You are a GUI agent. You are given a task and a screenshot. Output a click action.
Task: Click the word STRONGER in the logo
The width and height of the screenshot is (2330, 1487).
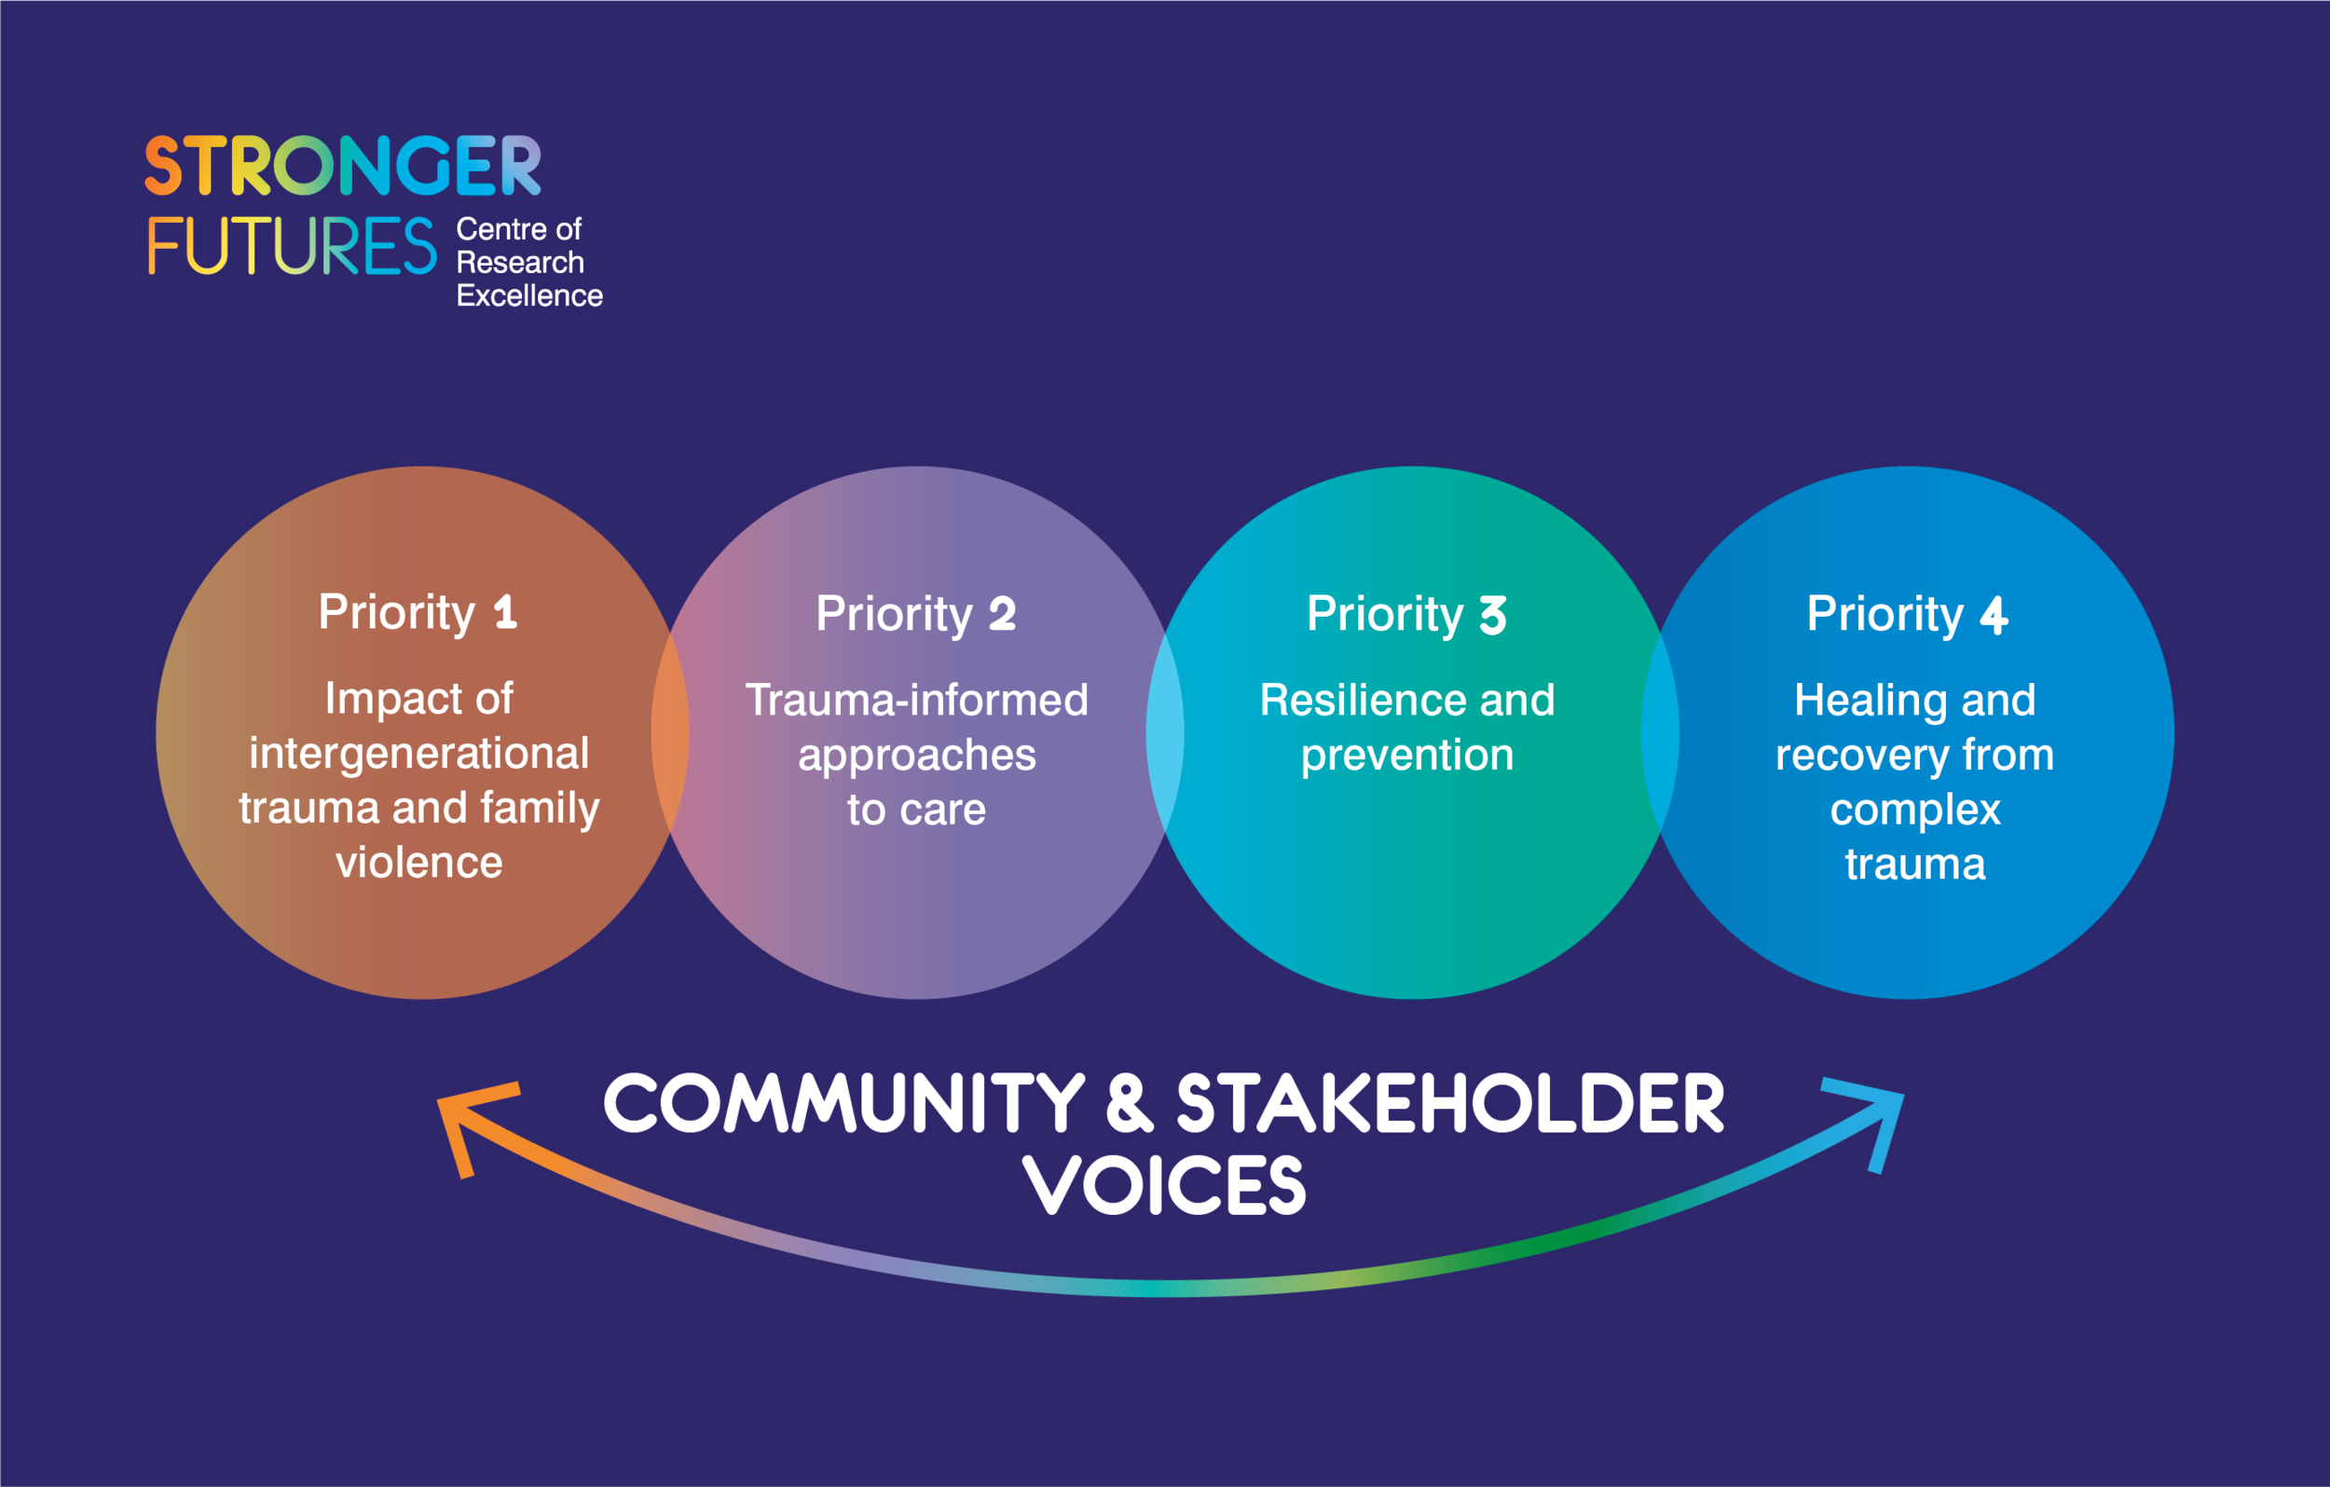tap(343, 166)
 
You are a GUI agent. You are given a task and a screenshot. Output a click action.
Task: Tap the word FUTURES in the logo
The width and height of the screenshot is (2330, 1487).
tap(293, 246)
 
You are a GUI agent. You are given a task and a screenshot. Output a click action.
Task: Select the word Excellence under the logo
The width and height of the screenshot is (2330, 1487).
tap(529, 296)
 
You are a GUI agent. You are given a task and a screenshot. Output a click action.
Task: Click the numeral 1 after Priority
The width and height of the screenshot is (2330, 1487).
tap(505, 612)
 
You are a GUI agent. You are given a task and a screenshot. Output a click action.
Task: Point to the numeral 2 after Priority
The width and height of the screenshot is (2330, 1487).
tap(1003, 614)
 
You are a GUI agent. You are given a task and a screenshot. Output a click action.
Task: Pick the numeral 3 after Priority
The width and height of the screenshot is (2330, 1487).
tap(1493, 615)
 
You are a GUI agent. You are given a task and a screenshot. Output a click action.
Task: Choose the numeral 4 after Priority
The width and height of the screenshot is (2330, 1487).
tap(1994, 615)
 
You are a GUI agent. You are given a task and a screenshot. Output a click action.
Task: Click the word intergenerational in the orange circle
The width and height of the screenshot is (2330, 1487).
tap(419, 753)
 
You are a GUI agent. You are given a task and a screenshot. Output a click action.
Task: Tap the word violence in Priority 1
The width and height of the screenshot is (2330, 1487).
tap(419, 862)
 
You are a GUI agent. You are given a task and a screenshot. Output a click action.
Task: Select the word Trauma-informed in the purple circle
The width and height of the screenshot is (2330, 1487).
tap(916, 700)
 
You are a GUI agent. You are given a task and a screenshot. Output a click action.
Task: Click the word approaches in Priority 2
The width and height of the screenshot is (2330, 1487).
tap(916, 755)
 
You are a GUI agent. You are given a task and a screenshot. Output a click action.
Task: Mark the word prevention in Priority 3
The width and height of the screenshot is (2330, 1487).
tap(1407, 755)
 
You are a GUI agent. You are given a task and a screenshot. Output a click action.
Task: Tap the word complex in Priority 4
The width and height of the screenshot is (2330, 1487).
tap(1915, 809)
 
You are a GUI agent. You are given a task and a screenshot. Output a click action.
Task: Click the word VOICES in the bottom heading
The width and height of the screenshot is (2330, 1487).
tap(1165, 1186)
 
